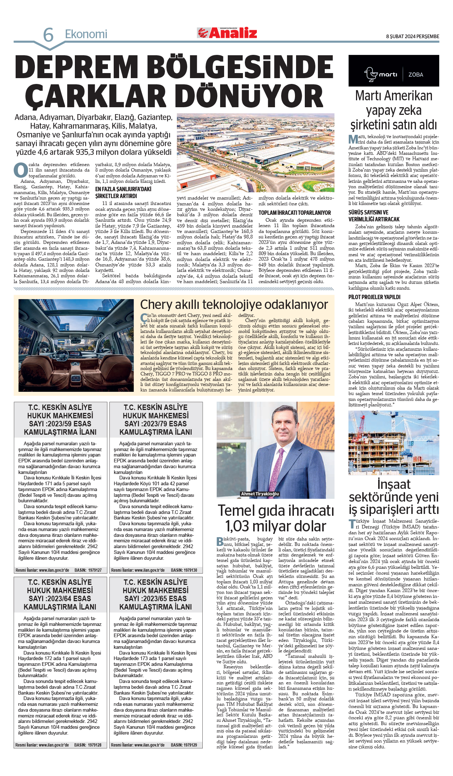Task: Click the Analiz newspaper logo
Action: tap(227, 33)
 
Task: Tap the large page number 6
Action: tap(48, 35)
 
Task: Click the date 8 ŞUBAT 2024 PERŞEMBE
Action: tap(412, 36)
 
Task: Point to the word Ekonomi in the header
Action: tap(86, 34)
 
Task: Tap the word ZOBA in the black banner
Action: tap(416, 75)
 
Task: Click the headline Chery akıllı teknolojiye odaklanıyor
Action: tap(234, 304)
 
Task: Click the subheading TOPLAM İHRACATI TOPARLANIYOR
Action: tap(295, 213)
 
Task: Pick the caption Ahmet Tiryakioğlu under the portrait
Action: tap(260, 494)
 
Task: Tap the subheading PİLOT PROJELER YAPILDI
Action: tap(374, 297)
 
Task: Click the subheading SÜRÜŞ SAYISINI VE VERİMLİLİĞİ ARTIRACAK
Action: tap(374, 216)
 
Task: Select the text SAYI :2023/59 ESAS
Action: tap(60, 424)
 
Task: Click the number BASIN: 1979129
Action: tap(184, 745)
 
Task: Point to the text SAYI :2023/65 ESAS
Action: tap(155, 598)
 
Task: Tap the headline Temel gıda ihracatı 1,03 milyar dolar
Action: tap(275, 518)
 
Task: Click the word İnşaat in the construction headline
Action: tap(394, 484)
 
